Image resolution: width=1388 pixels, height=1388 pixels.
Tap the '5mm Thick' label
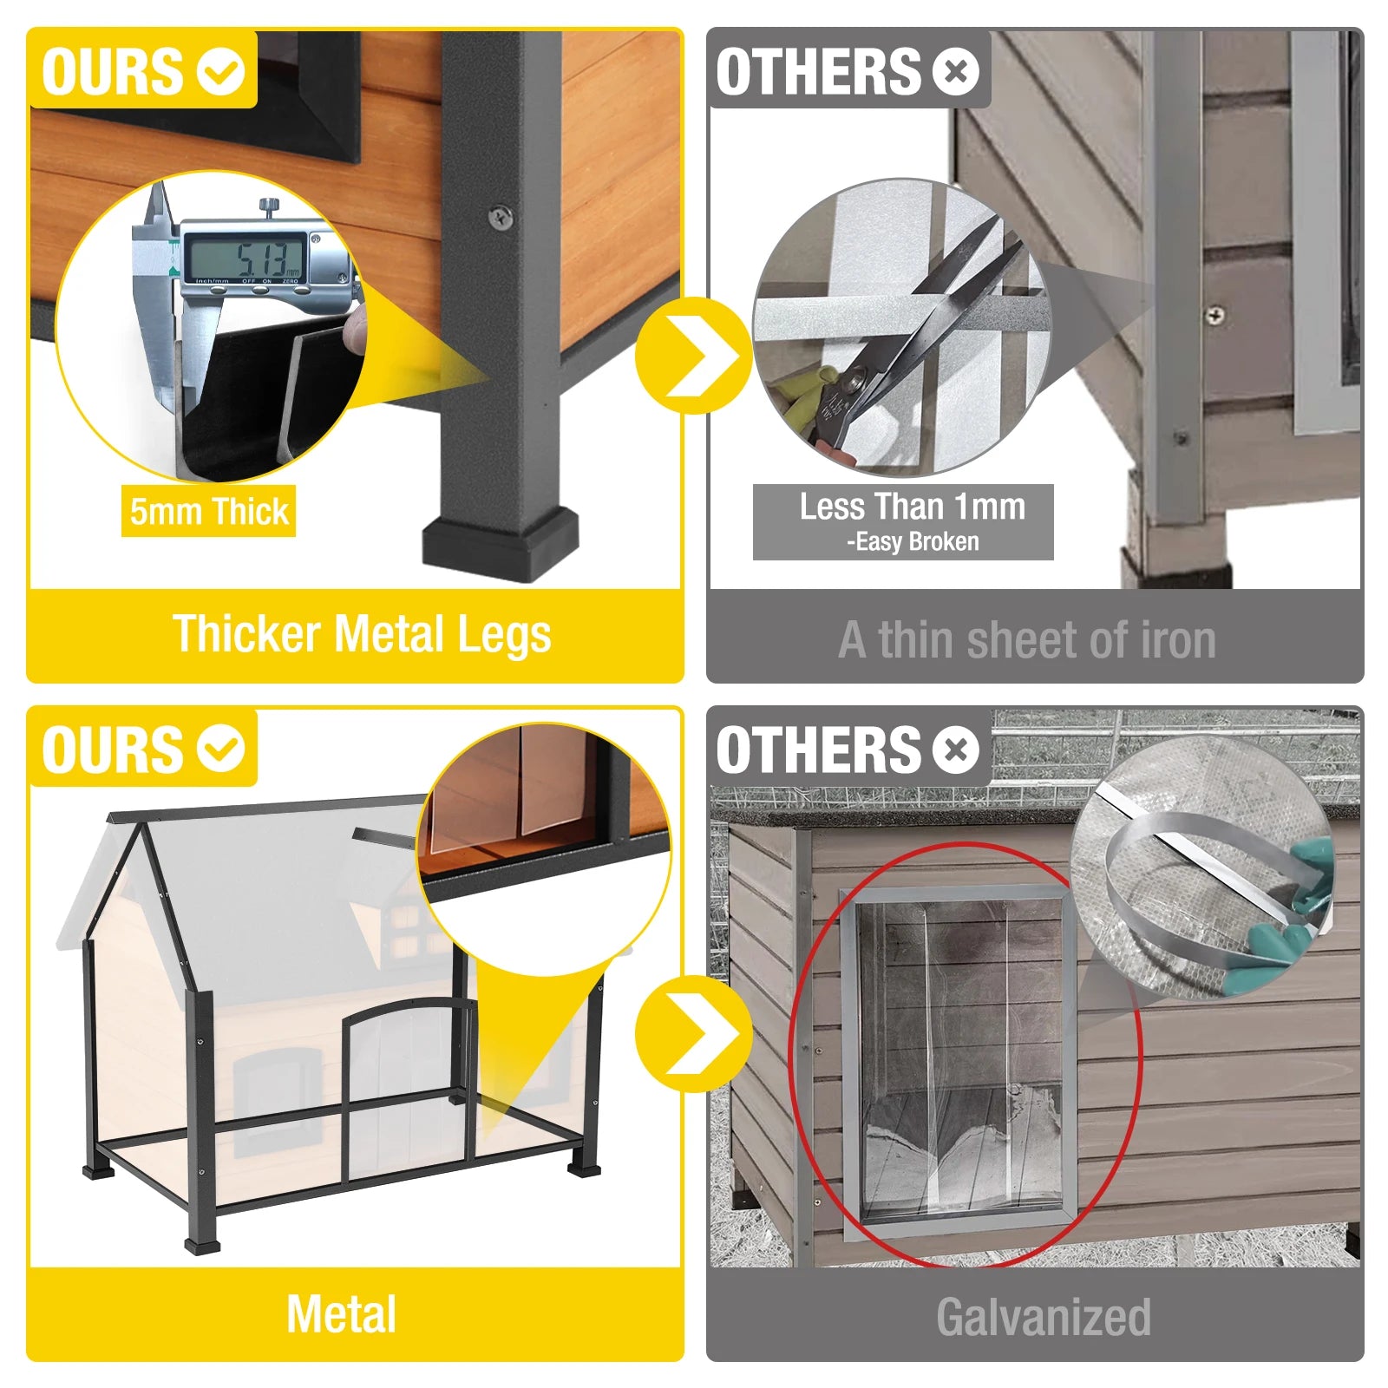point(208,511)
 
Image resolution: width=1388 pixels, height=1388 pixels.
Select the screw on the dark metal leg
point(501,217)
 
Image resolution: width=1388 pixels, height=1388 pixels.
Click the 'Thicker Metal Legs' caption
point(361,634)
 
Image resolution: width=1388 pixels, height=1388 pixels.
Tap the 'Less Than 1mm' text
point(912,506)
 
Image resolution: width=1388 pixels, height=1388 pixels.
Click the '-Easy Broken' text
point(912,542)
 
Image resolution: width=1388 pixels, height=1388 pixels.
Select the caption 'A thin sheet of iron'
point(1027,640)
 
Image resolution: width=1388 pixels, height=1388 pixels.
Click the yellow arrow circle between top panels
point(693,355)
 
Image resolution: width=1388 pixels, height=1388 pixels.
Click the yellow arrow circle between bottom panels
point(693,1033)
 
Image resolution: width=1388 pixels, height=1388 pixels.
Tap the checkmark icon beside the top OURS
point(220,71)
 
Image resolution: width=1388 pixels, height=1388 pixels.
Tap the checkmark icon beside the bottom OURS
point(220,749)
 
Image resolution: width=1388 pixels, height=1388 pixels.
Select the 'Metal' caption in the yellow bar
point(342,1313)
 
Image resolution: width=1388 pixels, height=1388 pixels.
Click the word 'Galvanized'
point(1043,1317)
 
